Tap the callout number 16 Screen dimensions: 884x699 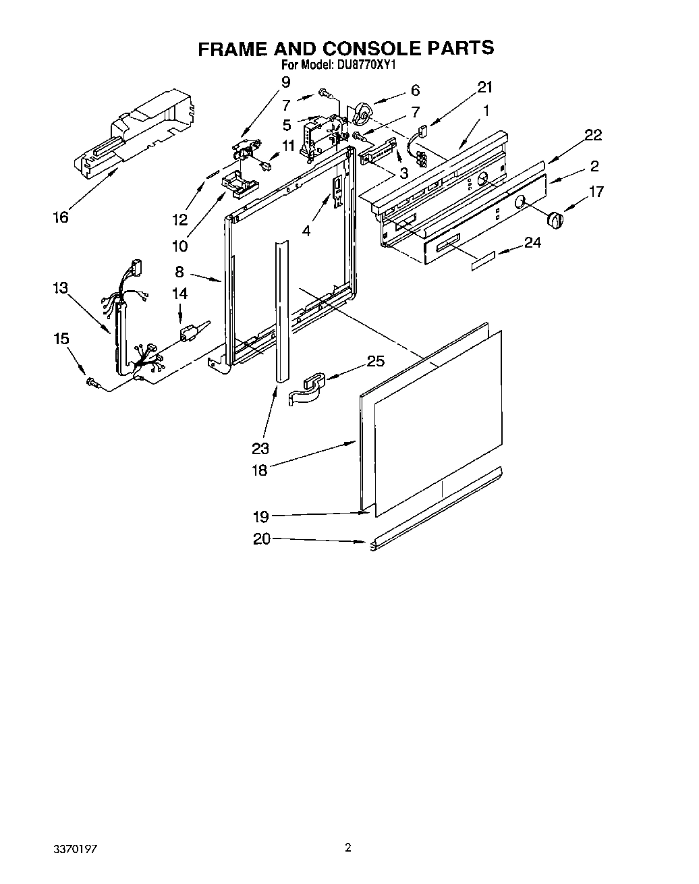(x=61, y=217)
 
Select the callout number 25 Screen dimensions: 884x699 (x=375, y=362)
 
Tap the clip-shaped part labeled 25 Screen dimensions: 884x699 (x=307, y=389)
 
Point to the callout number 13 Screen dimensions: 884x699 (x=60, y=288)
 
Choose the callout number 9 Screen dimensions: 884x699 (x=285, y=82)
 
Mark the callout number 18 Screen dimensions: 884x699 (x=260, y=470)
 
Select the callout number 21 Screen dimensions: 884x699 (x=485, y=87)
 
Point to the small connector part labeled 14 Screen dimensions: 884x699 (x=189, y=333)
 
